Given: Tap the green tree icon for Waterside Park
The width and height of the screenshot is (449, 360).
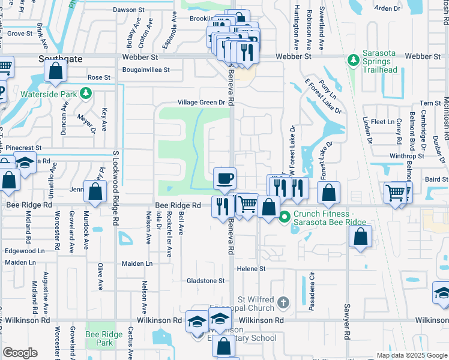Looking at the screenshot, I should tap(86, 93).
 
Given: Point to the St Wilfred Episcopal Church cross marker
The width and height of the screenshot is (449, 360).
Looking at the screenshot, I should tap(284, 301).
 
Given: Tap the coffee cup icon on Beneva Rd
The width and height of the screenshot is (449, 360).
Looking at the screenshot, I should tap(225, 178).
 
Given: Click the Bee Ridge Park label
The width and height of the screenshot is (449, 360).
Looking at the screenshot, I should tap(99, 338).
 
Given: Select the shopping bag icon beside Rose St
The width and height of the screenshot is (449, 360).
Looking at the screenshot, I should tap(55, 71).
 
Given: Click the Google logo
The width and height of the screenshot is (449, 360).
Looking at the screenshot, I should tap(20, 353).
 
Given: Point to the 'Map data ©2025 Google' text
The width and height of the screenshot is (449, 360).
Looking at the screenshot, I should tap(412, 355).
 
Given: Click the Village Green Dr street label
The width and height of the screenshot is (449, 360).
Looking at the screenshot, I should tap(200, 103).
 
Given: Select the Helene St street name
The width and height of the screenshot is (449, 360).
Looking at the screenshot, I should tap(250, 269).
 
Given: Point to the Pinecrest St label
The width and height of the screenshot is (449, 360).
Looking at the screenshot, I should tap(21, 148).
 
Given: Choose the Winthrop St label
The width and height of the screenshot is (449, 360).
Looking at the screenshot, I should tap(406, 156).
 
